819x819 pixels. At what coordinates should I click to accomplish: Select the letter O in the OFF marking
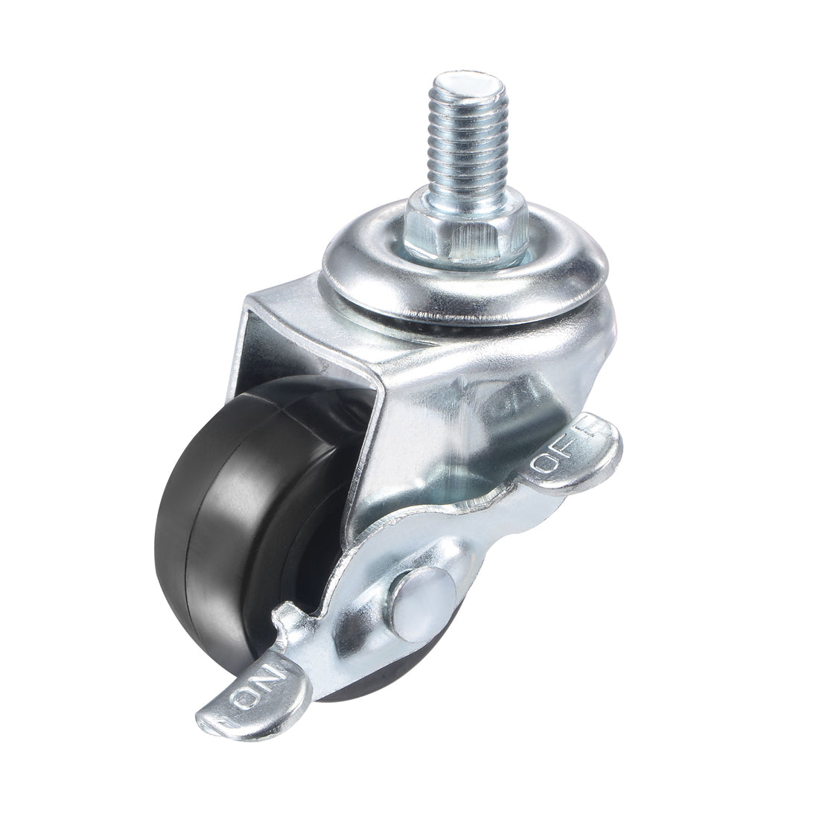click(x=546, y=466)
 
